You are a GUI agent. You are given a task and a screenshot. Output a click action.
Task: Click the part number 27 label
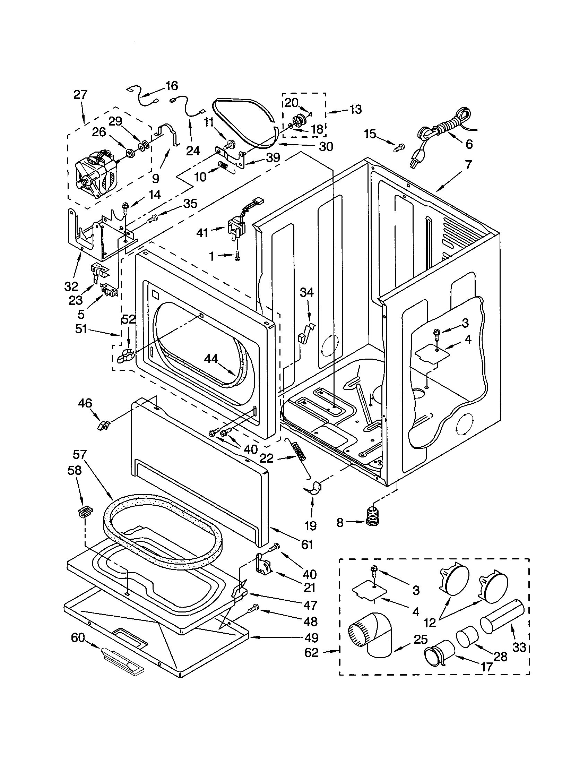tap(80, 95)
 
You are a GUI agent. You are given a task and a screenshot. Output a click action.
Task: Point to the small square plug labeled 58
tap(85, 513)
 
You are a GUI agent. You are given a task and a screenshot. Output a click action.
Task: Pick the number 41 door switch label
tap(202, 233)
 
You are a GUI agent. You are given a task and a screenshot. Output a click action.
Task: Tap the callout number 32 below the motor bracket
tap(71, 286)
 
